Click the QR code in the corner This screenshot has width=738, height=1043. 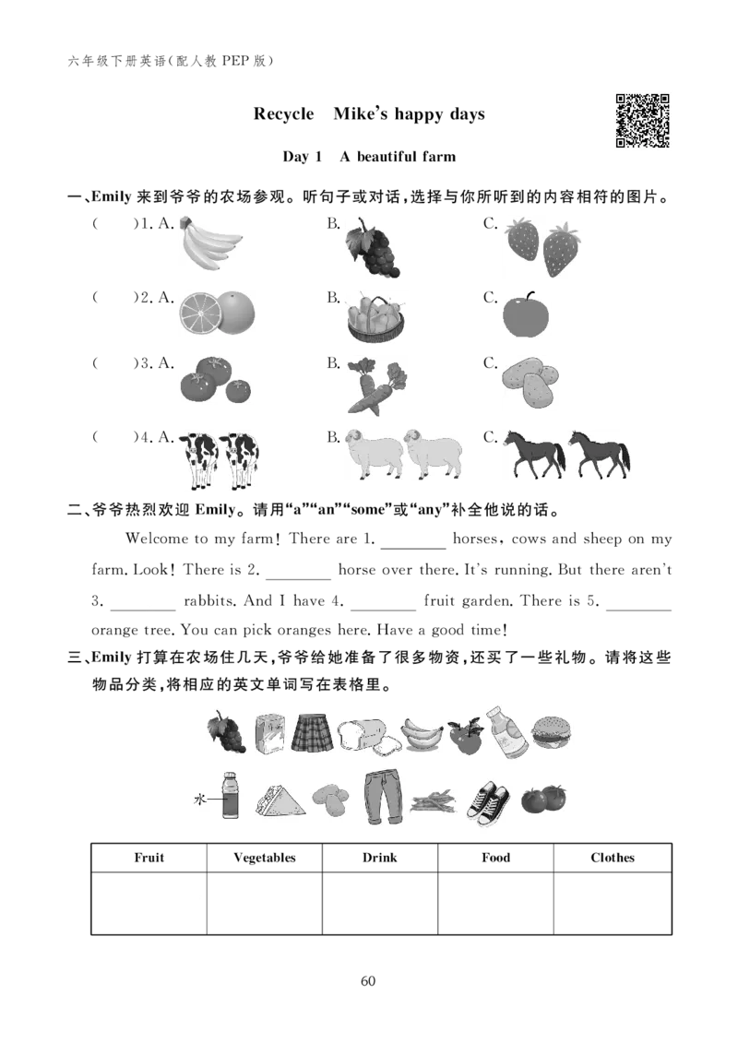click(642, 121)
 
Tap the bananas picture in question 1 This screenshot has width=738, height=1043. click(210, 243)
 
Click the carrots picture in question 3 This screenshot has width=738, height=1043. click(376, 385)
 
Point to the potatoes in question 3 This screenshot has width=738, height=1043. click(530, 383)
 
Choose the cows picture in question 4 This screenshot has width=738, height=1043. click(220, 459)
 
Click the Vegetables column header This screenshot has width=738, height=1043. click(264, 858)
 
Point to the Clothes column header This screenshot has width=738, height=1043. click(613, 858)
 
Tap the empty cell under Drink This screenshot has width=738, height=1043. click(380, 903)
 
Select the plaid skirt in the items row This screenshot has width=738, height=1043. click(312, 732)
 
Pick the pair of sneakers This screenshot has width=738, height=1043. click(488, 803)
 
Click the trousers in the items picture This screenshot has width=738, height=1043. click(383, 797)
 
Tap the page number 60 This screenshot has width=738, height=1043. click(368, 981)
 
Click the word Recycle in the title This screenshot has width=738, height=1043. click(283, 113)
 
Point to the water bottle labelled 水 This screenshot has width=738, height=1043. click(229, 795)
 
